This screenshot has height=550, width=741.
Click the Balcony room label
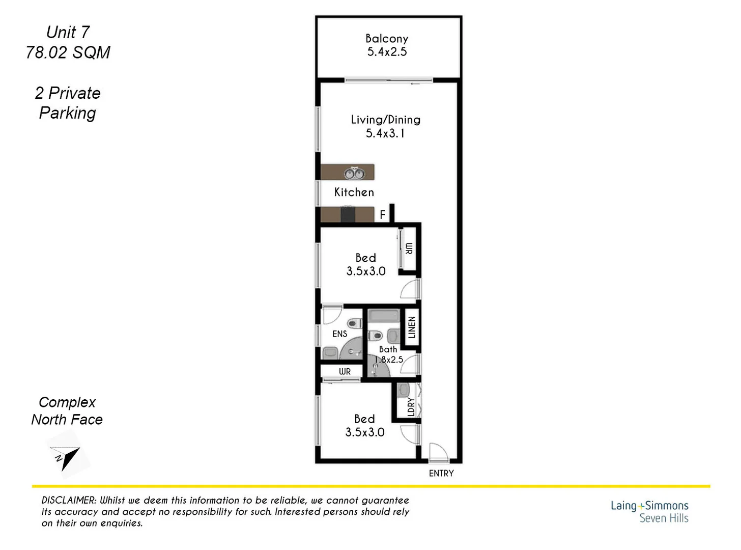point(387,39)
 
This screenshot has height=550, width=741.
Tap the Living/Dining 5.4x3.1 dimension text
point(385,133)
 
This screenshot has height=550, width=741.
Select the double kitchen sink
point(354,174)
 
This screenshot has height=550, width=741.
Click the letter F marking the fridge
point(383,215)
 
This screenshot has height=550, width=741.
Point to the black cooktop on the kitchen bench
point(348,214)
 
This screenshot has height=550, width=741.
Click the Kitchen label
point(354,193)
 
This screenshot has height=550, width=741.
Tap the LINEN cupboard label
point(412,327)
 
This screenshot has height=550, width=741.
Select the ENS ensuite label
point(339,334)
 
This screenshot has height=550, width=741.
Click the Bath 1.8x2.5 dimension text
point(389,360)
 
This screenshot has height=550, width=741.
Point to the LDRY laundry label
point(411,407)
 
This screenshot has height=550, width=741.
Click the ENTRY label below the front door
point(441,474)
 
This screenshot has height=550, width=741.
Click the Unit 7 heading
point(68,32)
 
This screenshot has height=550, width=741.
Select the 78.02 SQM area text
point(68,52)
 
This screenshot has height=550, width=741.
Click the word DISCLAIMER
point(68,501)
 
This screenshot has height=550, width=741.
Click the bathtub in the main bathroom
point(384,316)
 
